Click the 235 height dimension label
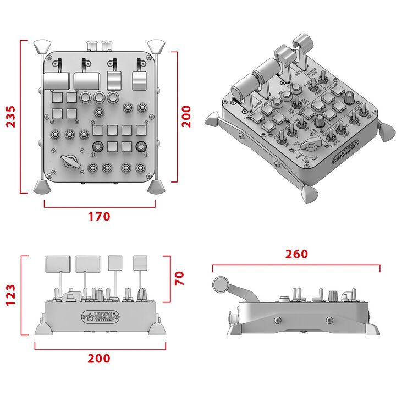click(10, 116)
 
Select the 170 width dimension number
click(99, 217)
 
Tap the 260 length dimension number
click(296, 254)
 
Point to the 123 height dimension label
click(10, 295)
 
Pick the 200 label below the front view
click(99, 359)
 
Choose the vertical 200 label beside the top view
click(187, 117)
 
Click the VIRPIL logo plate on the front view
click(100, 316)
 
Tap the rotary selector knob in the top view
click(70, 161)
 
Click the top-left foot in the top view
click(42, 46)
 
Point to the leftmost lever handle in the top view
click(56, 81)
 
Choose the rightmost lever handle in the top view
click(140, 81)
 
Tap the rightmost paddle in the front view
click(141, 262)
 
